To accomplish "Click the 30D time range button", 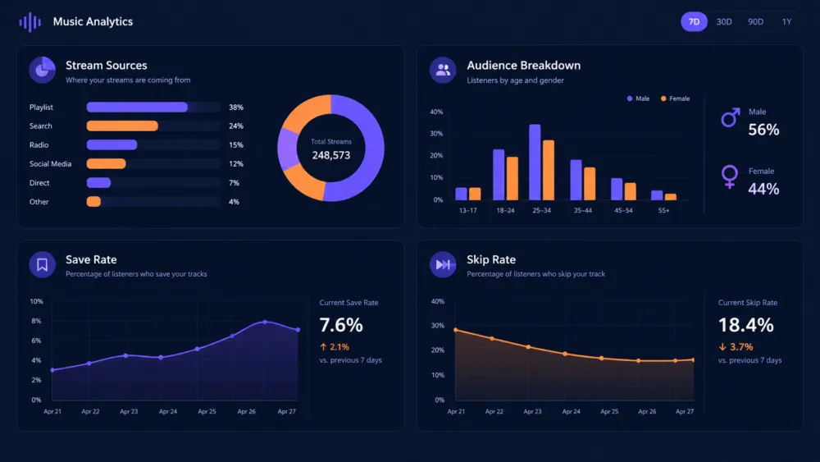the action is (x=724, y=21).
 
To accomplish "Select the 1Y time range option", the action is (x=786, y=21).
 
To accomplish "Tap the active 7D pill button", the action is (x=694, y=21).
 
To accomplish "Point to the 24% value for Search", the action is (x=236, y=126).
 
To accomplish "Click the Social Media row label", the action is (x=50, y=164).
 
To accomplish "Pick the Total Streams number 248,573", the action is (x=331, y=155).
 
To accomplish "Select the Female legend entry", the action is (x=675, y=98).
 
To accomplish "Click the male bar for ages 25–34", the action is (x=535, y=162).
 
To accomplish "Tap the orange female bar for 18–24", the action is (x=512, y=178).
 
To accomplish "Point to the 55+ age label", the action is (x=663, y=210).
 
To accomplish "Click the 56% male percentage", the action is (x=763, y=130).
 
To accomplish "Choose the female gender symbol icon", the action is (x=730, y=177).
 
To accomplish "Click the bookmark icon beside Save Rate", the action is (x=43, y=265).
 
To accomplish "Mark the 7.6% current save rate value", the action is (x=341, y=325).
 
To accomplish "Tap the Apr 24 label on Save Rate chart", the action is (x=168, y=411).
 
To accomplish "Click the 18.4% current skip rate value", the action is (x=745, y=325).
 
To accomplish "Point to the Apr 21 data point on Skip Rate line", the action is (x=456, y=330).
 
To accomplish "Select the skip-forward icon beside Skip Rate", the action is (x=443, y=265).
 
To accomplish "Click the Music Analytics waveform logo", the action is (x=30, y=22).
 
